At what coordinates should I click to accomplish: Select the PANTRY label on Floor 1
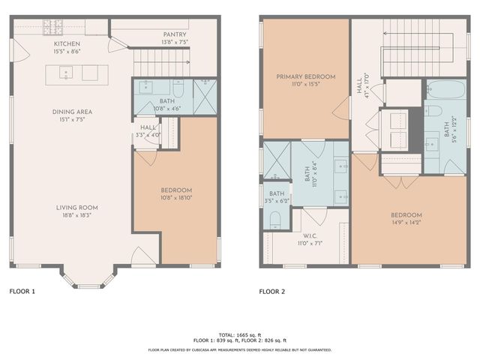pyautogui.click(x=174, y=34)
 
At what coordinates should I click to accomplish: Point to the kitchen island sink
pyautogui.click(x=66, y=73)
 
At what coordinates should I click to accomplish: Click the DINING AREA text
pyautogui.click(x=72, y=112)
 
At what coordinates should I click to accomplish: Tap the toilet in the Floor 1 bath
pyautogui.click(x=181, y=86)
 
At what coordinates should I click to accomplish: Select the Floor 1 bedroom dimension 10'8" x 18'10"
pyautogui.click(x=176, y=199)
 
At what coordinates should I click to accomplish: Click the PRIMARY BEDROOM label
pyautogui.click(x=305, y=76)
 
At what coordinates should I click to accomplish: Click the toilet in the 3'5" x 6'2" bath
pyautogui.click(x=274, y=220)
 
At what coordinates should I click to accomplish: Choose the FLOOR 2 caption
pyautogui.click(x=274, y=291)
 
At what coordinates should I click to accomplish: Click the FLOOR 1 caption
pyautogui.click(x=22, y=291)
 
